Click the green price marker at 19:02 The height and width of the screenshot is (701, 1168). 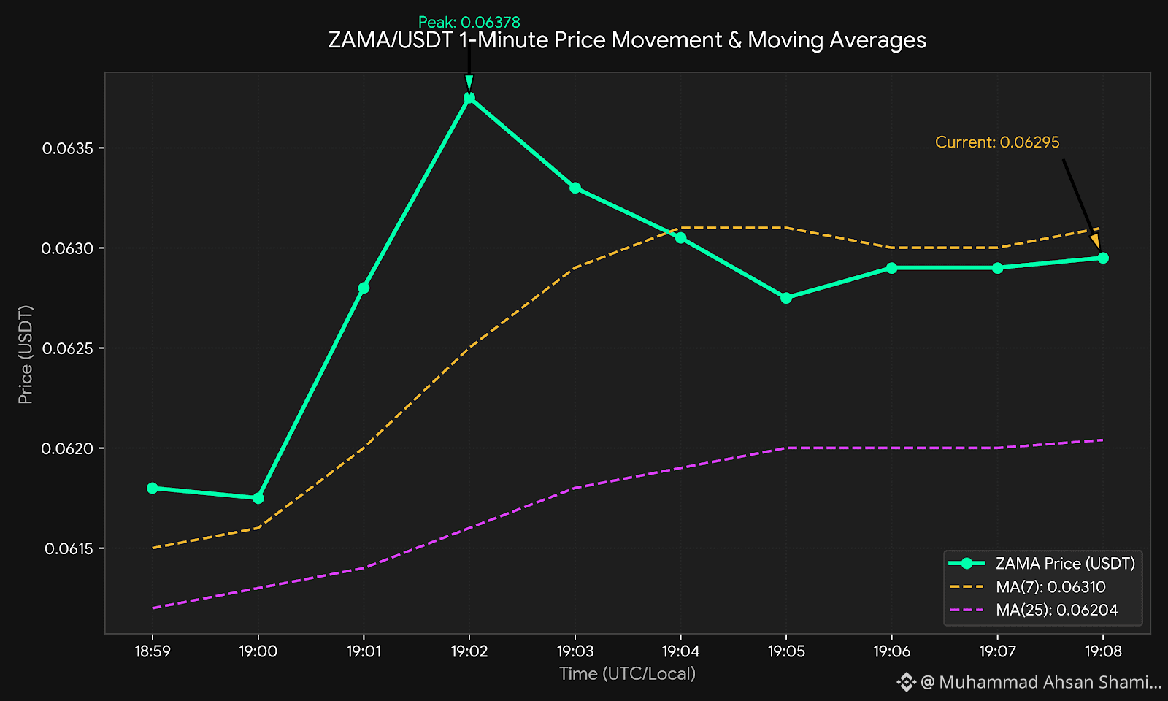coord(469,98)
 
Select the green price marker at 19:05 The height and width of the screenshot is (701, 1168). coord(786,298)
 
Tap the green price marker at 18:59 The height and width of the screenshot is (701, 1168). coord(153,489)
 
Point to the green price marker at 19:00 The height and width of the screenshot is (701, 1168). coord(258,498)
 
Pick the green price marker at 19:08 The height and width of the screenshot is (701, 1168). coord(1103,258)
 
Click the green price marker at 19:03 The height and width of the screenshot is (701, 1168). coord(575,188)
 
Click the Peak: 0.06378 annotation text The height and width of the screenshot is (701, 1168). coord(469,23)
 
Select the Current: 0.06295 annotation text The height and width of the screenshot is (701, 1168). coord(997,142)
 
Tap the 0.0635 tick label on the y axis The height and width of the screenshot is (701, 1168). coord(68,148)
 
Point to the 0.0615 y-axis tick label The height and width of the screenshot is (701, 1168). coord(69,548)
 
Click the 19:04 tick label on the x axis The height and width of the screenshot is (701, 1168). coord(680,651)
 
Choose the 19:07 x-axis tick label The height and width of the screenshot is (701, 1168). coord(997,651)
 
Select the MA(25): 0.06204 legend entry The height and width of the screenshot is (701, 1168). coord(1034,610)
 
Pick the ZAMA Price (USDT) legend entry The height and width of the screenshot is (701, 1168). coord(1042,563)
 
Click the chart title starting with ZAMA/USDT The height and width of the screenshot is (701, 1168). coord(627,40)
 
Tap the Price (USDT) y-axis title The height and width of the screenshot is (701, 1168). coord(25,355)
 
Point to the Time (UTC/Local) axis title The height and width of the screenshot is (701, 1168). coord(627,674)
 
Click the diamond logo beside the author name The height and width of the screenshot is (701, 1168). coord(906,682)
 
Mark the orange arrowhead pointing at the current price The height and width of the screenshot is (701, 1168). coord(1096,241)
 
